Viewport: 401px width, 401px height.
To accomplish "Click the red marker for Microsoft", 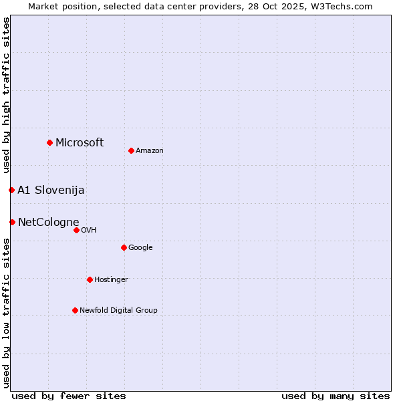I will click(x=49, y=142).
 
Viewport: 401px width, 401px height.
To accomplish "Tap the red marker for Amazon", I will click(x=131, y=150).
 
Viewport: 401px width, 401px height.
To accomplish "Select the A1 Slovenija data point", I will click(x=11, y=190).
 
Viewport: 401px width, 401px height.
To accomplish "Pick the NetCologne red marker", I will click(x=12, y=222).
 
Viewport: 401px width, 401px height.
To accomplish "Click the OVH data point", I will click(x=76, y=230).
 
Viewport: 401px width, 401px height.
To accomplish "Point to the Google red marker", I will click(x=124, y=247).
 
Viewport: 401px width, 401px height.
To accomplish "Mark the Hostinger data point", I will click(x=90, y=279).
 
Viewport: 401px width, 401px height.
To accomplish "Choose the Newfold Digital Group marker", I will click(x=75, y=310).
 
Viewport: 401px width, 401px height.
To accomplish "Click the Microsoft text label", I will click(x=80, y=142).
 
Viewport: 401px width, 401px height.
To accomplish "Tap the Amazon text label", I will click(x=150, y=151).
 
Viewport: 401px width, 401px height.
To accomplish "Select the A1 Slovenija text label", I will click(x=51, y=190).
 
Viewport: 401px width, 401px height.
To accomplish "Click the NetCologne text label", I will click(x=49, y=223).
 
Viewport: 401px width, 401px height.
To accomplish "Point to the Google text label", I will click(x=140, y=248).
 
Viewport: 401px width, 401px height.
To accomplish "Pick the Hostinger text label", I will click(x=111, y=280).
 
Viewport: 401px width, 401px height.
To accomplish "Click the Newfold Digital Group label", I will click(x=118, y=311).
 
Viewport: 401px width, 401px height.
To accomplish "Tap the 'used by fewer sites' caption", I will click(x=69, y=396).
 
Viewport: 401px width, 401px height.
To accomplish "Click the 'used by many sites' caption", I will click(x=336, y=396).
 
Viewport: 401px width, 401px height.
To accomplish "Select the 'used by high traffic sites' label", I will click(x=6, y=96).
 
